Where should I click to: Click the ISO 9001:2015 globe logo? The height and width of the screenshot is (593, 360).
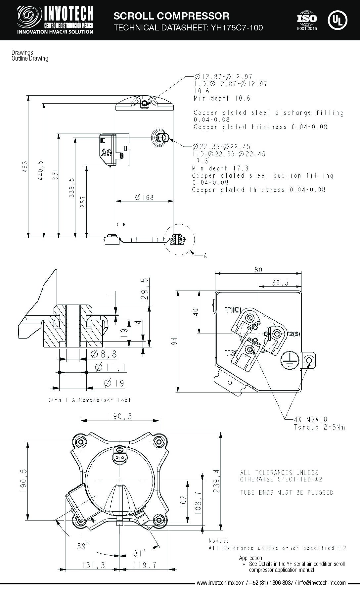(307, 21)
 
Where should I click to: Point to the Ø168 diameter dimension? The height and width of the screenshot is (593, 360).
(144, 198)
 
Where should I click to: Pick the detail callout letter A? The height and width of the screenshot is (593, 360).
(205, 255)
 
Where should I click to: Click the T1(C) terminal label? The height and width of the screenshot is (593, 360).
(233, 310)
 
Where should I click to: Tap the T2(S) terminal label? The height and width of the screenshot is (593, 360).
(293, 334)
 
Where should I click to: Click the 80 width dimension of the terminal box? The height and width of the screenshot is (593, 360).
(258, 270)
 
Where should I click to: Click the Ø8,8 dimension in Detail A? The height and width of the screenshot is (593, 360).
(104, 354)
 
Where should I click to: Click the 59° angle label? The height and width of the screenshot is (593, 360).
(83, 546)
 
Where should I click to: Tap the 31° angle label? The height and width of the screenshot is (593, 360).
(140, 553)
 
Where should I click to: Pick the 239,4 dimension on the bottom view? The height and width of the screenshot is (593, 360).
(216, 480)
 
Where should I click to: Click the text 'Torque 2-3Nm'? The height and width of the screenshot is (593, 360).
(319, 427)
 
